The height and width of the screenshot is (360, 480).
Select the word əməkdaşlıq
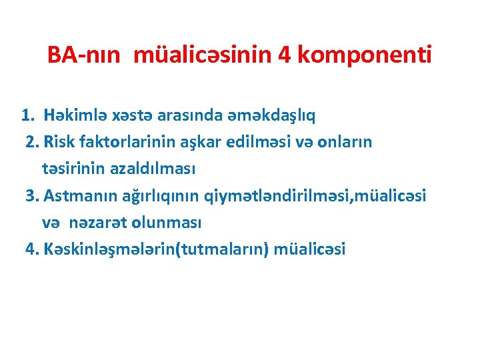tap(274, 115)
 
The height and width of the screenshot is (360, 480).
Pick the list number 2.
tap(31, 142)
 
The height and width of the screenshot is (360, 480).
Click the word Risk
tap(58, 142)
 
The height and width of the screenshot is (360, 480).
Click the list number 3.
tap(31, 195)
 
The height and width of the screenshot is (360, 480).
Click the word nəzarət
tap(99, 222)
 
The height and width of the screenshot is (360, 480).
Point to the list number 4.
tap(31, 249)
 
